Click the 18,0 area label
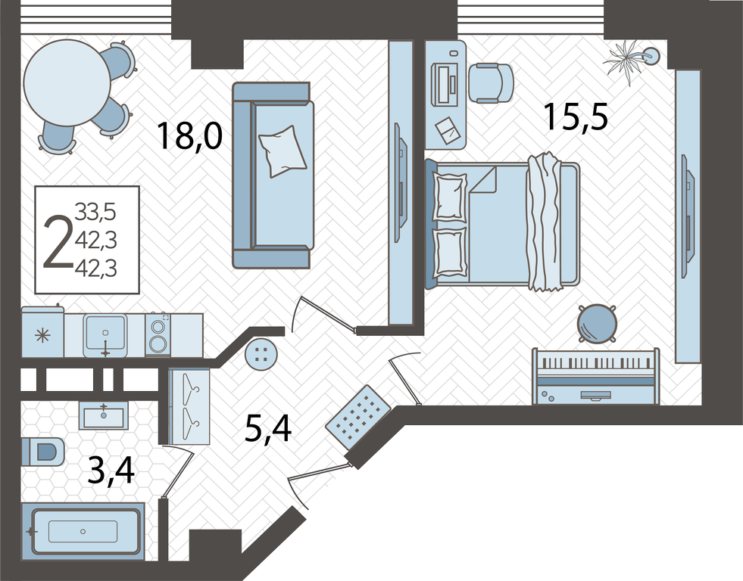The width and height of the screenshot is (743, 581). tap(189, 136)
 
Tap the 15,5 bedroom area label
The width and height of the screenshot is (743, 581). tap(576, 117)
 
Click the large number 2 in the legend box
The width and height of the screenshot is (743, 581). tap(58, 241)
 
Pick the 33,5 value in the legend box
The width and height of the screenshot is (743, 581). tap(95, 212)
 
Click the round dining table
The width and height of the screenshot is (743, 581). tap(67, 82)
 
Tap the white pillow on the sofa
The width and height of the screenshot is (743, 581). tap(283, 151)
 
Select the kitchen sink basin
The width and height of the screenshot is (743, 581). tap(105, 331)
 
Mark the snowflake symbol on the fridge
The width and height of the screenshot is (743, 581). tap(42, 337)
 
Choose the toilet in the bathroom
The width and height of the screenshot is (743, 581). tap(42, 452)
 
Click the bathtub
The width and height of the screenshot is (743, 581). tap(83, 531)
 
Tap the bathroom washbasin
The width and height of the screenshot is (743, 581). tap(103, 416)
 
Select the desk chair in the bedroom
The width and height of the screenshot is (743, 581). tap(492, 82)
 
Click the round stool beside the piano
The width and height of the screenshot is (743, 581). tap(597, 324)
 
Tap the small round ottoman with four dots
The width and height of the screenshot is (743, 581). tap(260, 353)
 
